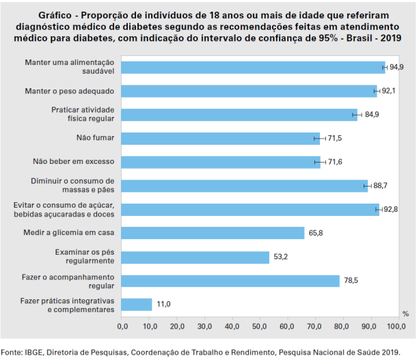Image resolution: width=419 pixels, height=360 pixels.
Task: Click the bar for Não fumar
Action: pos(220,138)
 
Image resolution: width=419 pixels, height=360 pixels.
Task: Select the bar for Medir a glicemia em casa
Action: pos(213,233)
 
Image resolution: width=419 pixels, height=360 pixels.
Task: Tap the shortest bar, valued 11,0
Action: pos(137,305)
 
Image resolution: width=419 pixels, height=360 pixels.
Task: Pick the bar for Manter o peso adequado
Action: pos(249,91)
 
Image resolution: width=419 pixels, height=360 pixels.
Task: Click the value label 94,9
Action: pos(396,67)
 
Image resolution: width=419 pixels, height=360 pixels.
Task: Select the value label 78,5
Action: pos(351,281)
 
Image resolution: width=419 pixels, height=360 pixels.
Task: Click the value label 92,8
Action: pos(390,210)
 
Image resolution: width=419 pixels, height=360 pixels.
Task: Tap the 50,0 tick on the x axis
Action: pos(260,327)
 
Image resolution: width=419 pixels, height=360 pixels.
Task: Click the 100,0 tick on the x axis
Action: pos(396,327)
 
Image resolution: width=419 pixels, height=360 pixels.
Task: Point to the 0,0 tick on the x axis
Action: pos(122,327)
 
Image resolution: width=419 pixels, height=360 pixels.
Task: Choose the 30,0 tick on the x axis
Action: pos(205,327)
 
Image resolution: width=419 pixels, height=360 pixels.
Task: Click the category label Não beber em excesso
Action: pos(74,162)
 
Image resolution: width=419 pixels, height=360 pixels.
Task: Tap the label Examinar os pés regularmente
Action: pos(84,257)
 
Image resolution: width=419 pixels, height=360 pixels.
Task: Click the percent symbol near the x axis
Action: pos(405,314)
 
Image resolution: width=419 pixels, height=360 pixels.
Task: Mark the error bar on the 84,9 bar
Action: pos(355,114)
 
